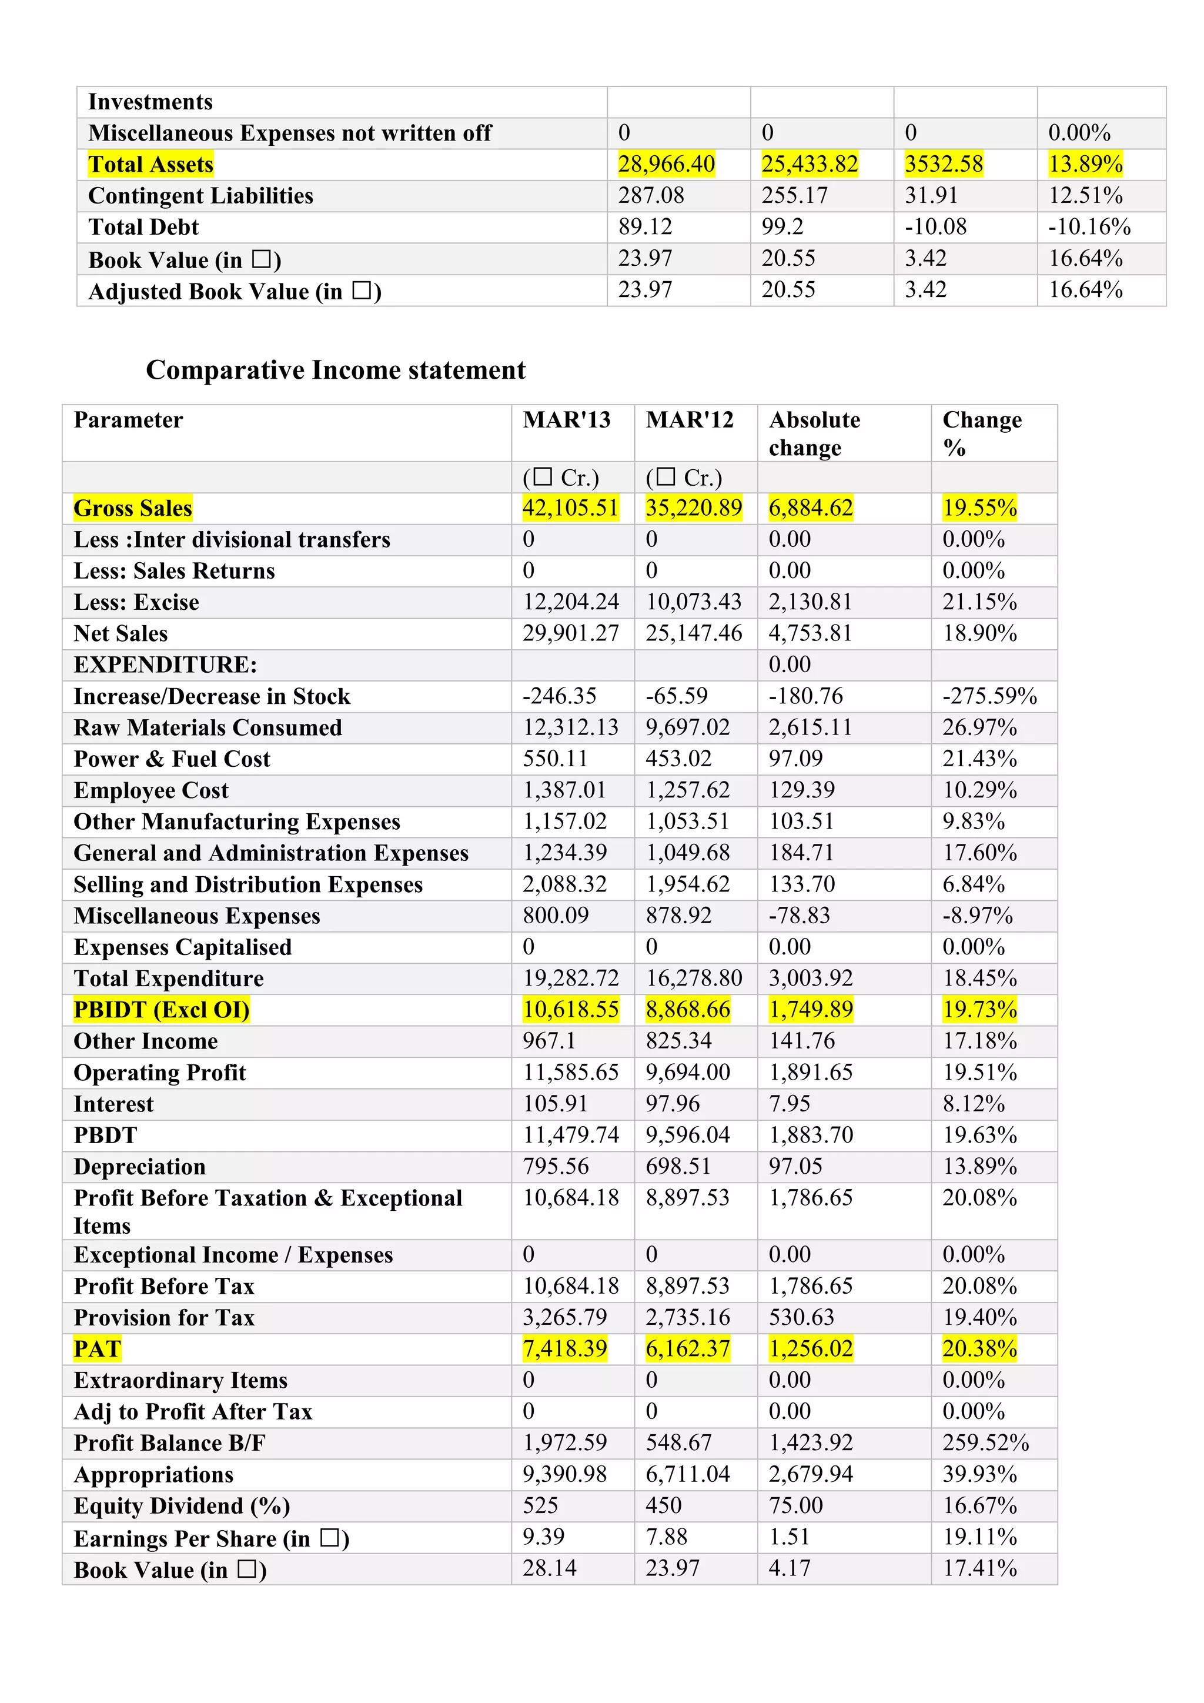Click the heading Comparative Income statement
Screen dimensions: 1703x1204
click(335, 370)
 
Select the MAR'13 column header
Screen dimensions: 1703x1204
click(566, 420)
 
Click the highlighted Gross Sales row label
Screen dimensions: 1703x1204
click(133, 508)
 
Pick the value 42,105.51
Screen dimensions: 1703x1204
click(570, 508)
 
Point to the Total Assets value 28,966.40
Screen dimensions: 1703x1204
click(667, 164)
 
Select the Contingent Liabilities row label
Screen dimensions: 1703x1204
click(200, 196)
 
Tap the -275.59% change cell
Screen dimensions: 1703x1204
click(989, 696)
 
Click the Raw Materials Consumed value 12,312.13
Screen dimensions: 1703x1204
click(570, 727)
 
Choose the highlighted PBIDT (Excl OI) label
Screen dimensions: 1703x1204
click(161, 1010)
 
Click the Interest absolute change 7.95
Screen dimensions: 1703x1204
click(789, 1104)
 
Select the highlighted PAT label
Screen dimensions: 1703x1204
click(97, 1348)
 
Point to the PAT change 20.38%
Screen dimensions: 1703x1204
click(979, 1348)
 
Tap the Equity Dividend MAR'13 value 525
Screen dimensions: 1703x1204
click(540, 1505)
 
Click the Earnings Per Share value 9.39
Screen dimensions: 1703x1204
click(543, 1537)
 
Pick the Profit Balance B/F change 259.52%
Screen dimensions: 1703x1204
click(985, 1442)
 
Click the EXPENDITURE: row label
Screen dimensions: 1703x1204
click(165, 664)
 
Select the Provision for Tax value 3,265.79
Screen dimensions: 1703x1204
click(564, 1317)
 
